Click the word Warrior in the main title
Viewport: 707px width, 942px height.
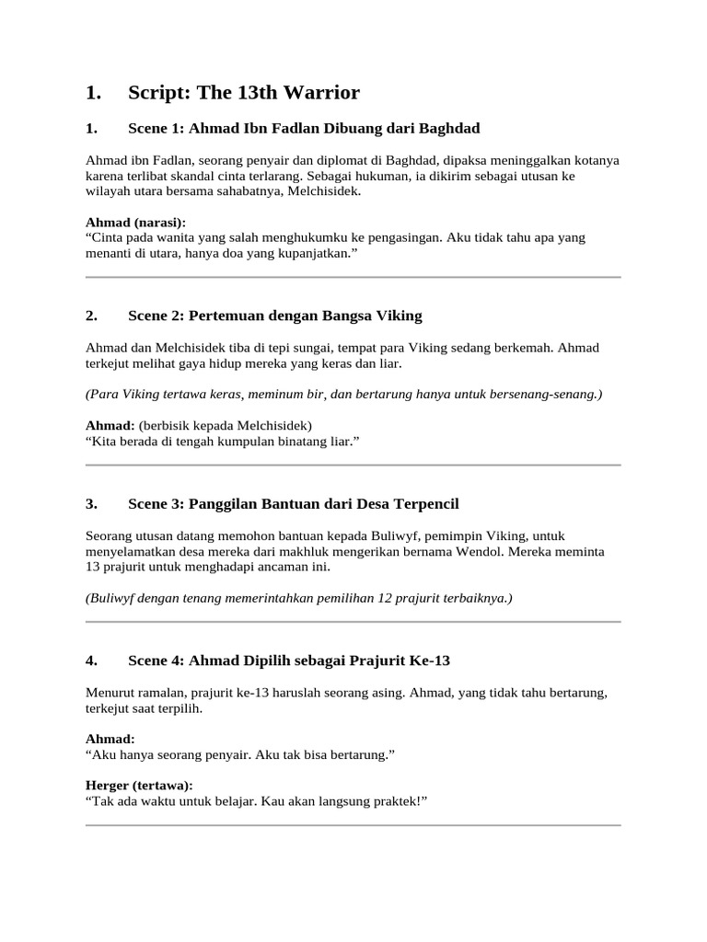(x=321, y=92)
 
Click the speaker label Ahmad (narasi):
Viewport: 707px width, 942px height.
(x=135, y=223)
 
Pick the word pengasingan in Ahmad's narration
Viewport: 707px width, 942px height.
(x=401, y=237)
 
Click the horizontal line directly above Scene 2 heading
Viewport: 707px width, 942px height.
(x=353, y=276)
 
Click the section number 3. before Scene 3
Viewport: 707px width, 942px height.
(x=91, y=503)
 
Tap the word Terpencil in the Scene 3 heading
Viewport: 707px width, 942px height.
(x=426, y=503)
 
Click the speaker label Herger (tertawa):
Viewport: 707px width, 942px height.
(x=139, y=785)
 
